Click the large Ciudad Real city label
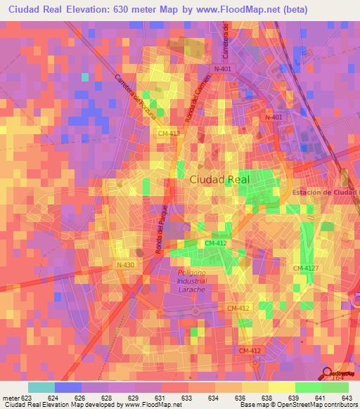(219, 179)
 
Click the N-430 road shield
(126, 265)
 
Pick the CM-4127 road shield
(307, 268)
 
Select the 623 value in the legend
(27, 398)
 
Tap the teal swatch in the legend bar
(41, 387)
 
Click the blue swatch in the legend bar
(67, 387)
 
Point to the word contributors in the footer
(337, 405)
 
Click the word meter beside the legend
(11, 398)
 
